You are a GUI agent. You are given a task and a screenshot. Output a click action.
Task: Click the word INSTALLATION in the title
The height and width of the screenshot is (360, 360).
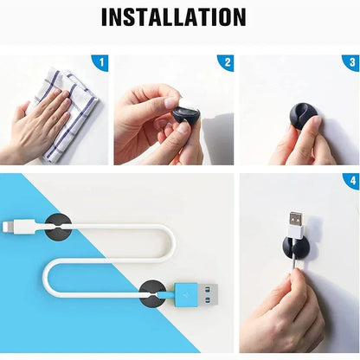tap(173, 16)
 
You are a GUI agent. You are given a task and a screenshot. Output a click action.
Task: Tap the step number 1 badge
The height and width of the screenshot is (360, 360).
tap(100, 62)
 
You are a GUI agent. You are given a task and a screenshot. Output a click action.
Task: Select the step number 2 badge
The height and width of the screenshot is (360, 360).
tap(226, 62)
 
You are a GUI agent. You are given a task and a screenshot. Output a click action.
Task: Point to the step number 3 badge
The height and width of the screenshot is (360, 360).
tap(350, 62)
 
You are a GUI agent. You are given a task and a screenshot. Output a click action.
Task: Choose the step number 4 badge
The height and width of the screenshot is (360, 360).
tap(350, 182)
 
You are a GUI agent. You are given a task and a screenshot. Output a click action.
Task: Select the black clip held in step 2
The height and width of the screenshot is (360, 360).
tap(184, 114)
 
